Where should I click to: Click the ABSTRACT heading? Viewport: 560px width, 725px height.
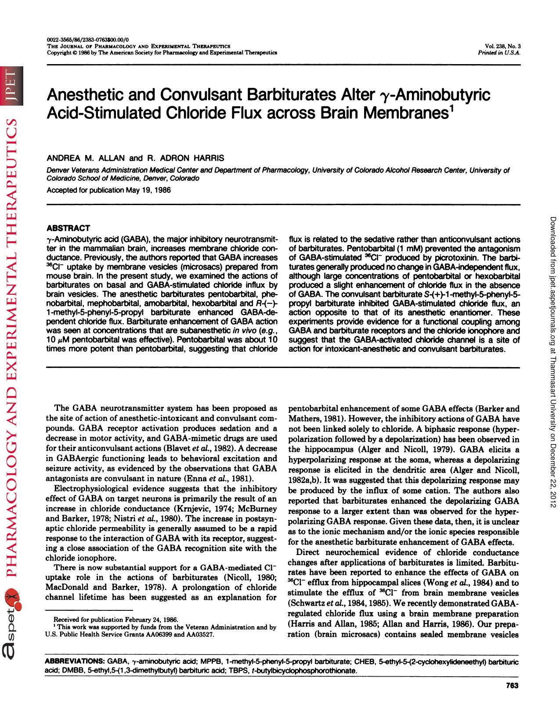point(68,228)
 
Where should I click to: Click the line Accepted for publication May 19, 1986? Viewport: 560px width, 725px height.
point(108,190)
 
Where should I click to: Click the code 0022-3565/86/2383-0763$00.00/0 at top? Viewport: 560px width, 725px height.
point(85,40)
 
